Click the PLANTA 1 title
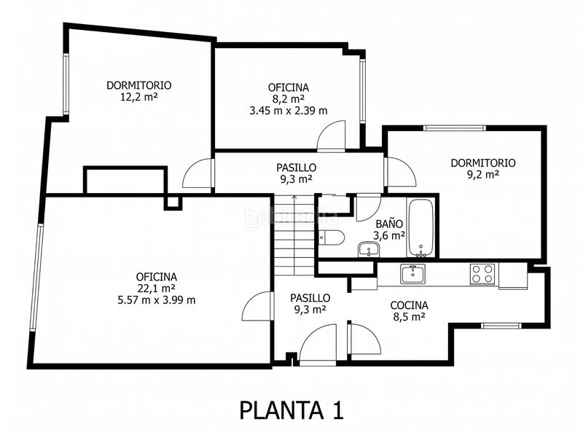click(x=291, y=410)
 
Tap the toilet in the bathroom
click(x=332, y=238)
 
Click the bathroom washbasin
click(x=369, y=249)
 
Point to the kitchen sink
click(x=412, y=275)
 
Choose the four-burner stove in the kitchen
click(x=482, y=274)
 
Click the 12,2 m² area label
click(x=139, y=98)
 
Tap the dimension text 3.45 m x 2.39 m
click(x=289, y=111)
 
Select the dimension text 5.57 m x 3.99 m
click(x=157, y=300)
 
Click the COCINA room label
click(x=409, y=305)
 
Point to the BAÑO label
click(x=389, y=224)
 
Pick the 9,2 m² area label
click(x=483, y=174)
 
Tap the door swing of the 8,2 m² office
click(x=331, y=136)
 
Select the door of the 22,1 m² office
click(x=258, y=306)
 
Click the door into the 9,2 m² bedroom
click(x=400, y=172)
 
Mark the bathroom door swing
click(x=368, y=208)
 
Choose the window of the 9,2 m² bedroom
click(x=454, y=128)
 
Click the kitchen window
click(x=501, y=326)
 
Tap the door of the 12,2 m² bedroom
click(x=198, y=173)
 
